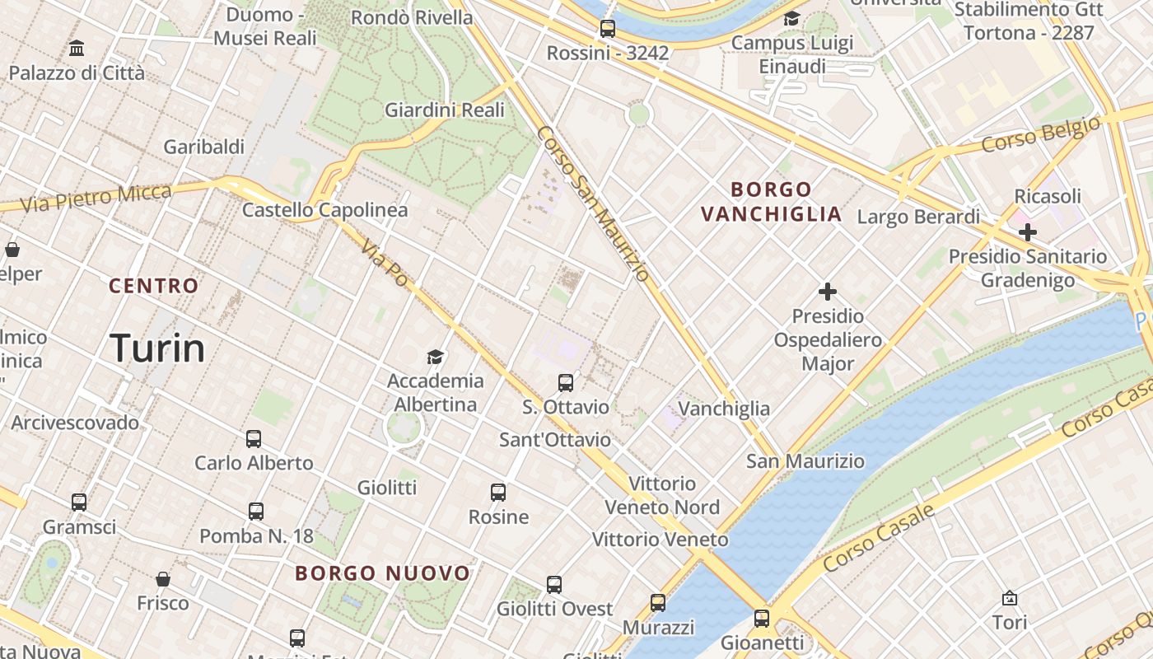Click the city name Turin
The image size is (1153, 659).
(157, 348)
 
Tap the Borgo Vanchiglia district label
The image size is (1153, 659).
(771, 202)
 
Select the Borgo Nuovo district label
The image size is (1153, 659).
(383, 573)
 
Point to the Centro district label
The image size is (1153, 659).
(154, 286)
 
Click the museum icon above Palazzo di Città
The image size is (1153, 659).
(77, 49)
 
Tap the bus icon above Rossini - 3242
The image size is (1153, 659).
(608, 29)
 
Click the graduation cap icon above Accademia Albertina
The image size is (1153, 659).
(435, 357)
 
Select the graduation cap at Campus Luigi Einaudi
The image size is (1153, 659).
(791, 19)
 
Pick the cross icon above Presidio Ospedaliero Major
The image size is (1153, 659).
(828, 292)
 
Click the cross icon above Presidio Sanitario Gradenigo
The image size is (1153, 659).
(1027, 232)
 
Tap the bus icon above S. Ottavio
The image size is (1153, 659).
(566, 383)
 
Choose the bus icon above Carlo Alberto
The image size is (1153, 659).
(254, 439)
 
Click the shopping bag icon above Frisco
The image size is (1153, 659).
(163, 579)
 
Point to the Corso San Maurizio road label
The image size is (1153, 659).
(593, 203)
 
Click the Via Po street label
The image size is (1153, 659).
(385, 264)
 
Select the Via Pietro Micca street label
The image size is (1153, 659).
(96, 199)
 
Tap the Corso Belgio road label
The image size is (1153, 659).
(1041, 136)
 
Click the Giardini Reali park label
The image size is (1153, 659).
(445, 110)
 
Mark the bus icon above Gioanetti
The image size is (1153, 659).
(762, 618)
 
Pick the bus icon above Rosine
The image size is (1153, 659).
(498, 493)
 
